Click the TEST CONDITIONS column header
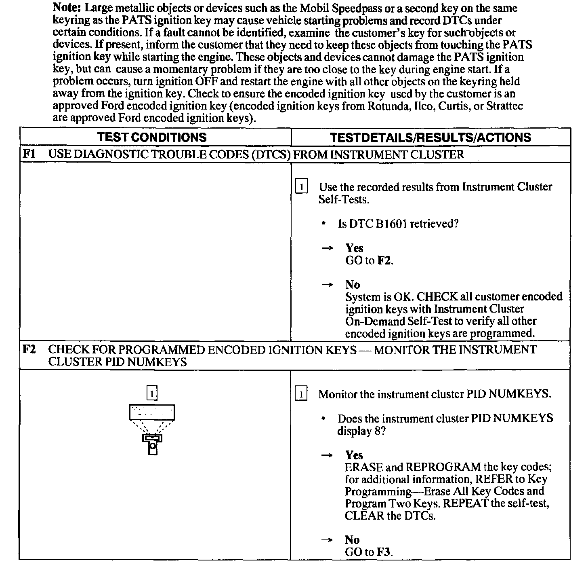[152, 137]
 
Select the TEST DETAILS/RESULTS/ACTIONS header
[430, 137]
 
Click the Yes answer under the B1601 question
[354, 248]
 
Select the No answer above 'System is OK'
[353, 285]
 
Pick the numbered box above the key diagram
[152, 393]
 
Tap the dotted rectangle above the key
[152, 412]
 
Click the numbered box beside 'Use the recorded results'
[302, 187]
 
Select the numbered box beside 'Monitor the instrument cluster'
[302, 394]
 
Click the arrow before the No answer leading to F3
[327, 540]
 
